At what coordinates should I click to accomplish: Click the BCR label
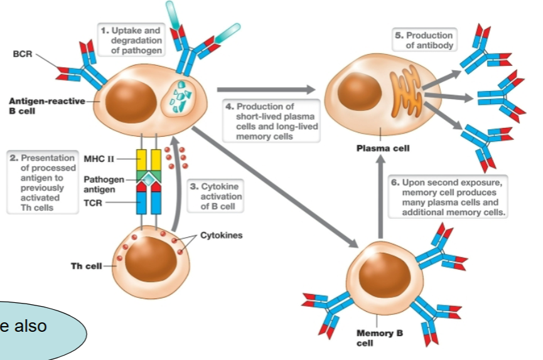[22, 54]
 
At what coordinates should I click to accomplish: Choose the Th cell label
[85, 266]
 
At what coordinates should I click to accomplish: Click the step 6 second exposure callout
[449, 196]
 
